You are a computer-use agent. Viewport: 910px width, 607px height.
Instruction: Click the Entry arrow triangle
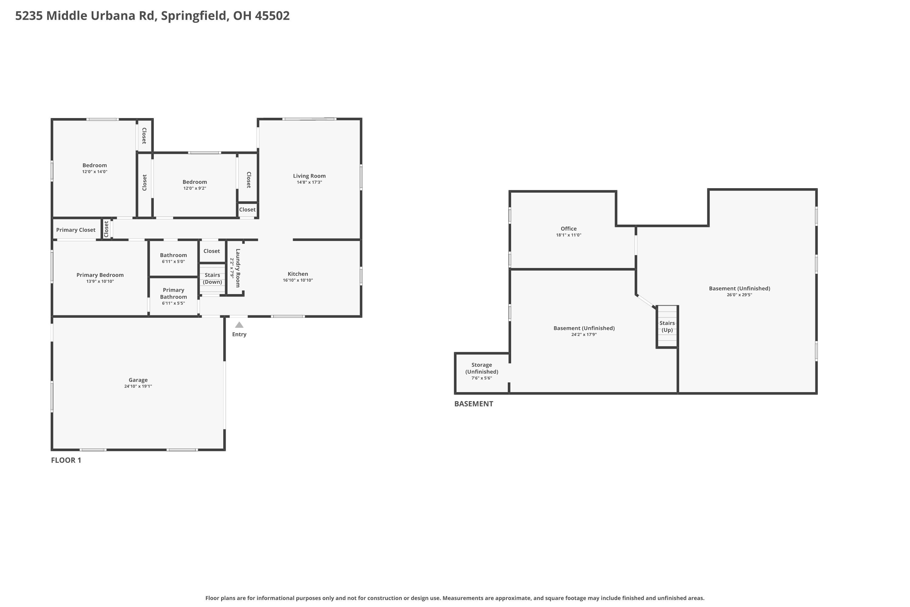coord(239,325)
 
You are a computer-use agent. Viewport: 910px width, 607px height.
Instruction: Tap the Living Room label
coord(309,176)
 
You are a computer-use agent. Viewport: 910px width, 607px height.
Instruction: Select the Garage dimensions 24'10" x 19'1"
coord(138,386)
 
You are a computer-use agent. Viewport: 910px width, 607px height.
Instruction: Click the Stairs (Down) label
coord(212,278)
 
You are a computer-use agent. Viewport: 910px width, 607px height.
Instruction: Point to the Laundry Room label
coord(238,268)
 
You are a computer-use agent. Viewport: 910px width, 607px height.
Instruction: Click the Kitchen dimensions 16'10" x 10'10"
coord(298,280)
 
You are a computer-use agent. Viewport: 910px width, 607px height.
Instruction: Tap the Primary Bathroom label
coord(173,293)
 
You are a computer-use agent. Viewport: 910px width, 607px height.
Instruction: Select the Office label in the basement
coord(568,229)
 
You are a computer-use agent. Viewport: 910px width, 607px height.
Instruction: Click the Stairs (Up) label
coord(667,326)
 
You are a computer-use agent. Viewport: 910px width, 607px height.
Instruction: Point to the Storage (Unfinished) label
coord(482,368)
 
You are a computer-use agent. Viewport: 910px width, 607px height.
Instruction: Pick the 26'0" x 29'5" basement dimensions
coord(740,295)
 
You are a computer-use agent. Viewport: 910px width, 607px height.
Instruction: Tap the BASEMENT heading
coord(474,404)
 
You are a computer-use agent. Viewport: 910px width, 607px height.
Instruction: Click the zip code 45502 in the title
coord(272,16)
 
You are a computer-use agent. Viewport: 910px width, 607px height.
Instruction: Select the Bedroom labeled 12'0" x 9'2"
coord(195,182)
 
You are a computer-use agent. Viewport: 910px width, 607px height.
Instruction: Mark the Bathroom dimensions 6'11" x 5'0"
coord(173,262)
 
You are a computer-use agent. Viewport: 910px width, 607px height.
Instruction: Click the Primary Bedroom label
coord(100,275)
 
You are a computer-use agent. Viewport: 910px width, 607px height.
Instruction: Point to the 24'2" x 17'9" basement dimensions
coord(584,334)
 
